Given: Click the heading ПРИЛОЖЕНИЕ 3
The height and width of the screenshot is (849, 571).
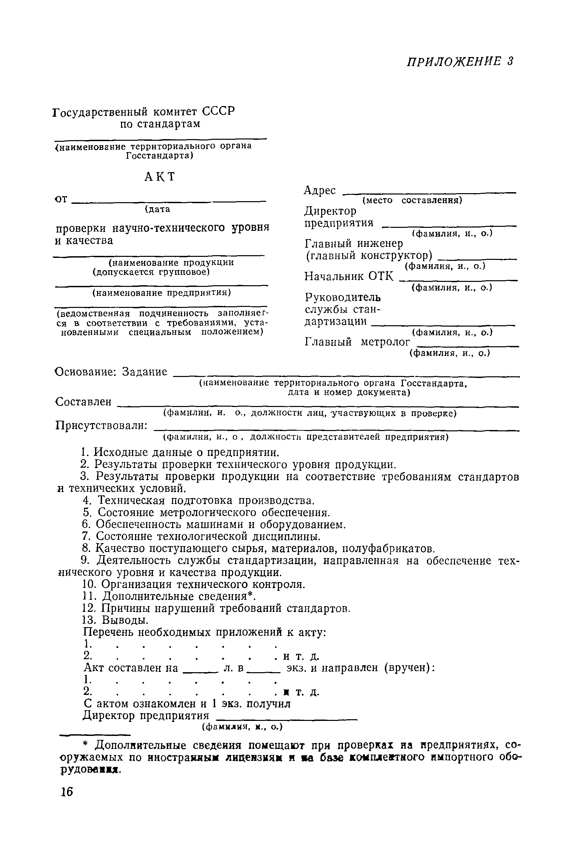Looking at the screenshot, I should [x=460, y=61].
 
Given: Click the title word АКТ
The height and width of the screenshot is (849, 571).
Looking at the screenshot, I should [x=159, y=177].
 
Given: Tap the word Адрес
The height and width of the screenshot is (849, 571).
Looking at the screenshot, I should [x=320, y=190].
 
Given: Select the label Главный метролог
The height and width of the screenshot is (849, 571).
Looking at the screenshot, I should [x=357, y=342].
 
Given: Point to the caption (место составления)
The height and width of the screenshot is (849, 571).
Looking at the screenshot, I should [x=412, y=200].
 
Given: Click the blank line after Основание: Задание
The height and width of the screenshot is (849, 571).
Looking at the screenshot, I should [x=346, y=376].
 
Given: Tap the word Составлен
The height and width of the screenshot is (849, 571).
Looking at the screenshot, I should [x=83, y=402].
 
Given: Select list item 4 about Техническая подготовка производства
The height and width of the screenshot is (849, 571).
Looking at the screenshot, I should [x=198, y=500].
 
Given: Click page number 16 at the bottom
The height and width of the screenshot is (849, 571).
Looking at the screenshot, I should [x=67, y=792].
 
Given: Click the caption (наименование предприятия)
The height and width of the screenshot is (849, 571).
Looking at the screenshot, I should [x=161, y=293].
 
